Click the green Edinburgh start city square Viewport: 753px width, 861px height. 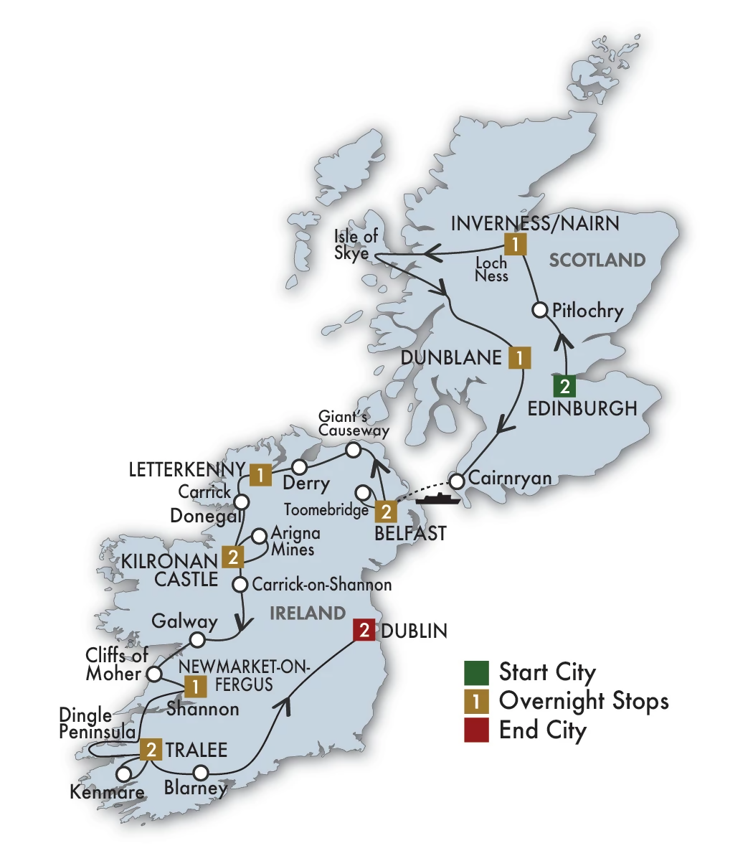pos(565,386)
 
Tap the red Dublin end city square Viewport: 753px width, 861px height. pos(365,631)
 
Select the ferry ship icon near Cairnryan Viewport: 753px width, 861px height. pos(437,497)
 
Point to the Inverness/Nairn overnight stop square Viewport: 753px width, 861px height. pos(515,245)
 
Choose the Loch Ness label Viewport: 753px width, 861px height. pos(492,270)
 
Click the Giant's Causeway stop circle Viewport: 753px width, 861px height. pos(353,451)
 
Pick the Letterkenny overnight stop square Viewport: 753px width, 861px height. pos(260,474)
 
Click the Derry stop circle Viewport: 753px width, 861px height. pos(299,467)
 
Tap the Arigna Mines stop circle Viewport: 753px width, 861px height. pos(260,535)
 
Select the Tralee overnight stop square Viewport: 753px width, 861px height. pos(151,750)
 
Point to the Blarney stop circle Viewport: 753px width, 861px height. pos(201,772)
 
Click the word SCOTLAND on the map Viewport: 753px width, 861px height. pos(597,260)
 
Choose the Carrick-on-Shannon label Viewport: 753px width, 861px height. pos(322,584)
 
